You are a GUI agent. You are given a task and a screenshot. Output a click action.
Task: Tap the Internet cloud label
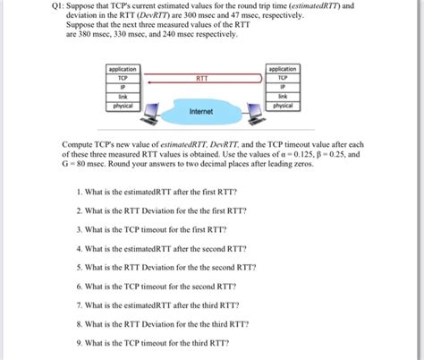click(x=201, y=112)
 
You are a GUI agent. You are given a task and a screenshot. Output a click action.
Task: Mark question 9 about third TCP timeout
click(x=153, y=341)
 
